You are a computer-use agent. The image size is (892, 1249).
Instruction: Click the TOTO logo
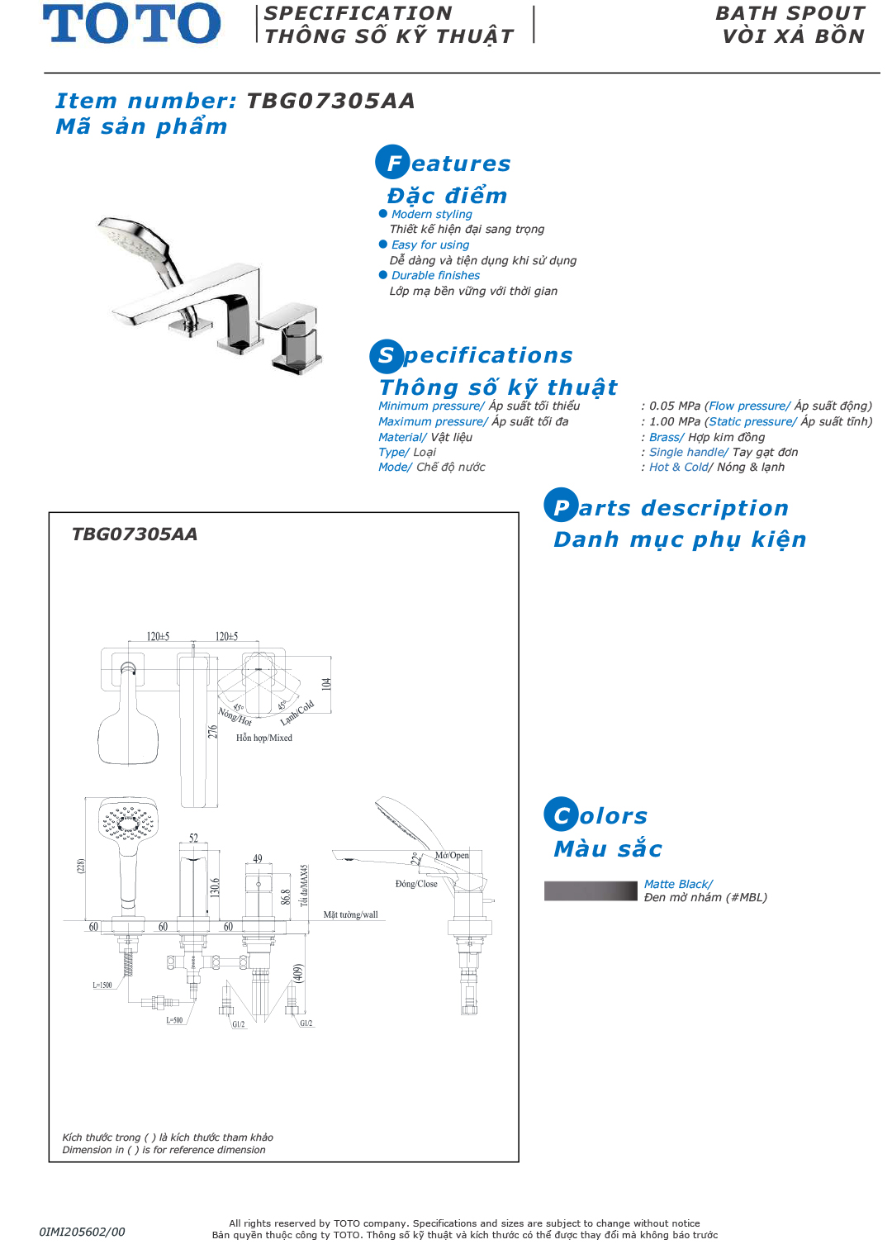132,24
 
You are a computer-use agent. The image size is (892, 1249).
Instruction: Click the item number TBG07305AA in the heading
330,101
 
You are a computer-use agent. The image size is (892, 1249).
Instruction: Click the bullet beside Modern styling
383,214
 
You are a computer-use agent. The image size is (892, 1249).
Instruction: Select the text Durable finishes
435,275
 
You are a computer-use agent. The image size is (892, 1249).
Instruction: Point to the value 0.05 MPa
674,406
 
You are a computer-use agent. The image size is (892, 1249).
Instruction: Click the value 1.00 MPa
674,421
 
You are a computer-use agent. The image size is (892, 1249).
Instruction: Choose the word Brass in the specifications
665,437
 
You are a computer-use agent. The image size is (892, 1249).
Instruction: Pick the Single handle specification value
687,452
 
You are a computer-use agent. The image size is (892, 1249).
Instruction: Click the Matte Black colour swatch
591,890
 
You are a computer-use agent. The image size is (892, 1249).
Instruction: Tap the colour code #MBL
746,897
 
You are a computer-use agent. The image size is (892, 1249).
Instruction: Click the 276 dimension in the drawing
212,732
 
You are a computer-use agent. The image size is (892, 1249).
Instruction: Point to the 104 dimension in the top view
326,684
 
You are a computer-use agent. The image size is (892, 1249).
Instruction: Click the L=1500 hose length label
102,985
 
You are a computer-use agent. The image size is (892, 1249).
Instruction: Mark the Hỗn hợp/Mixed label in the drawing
264,738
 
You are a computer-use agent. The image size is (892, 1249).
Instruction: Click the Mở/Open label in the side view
452,855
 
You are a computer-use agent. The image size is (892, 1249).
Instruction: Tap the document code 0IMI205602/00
82,1232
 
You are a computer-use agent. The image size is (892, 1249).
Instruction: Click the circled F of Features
393,163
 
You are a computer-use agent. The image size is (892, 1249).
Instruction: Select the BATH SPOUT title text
790,13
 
